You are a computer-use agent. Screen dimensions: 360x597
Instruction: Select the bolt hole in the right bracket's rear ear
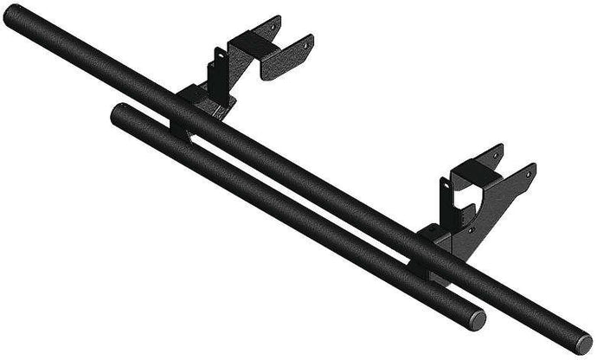point(495,156)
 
